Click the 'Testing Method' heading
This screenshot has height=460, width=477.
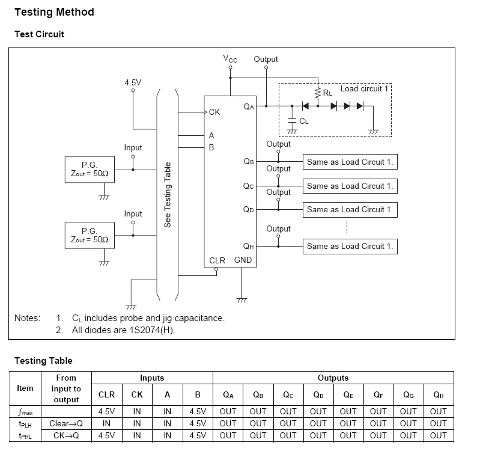click(x=54, y=12)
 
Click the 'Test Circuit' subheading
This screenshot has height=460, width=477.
click(x=39, y=34)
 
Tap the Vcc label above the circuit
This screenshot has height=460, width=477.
click(x=230, y=59)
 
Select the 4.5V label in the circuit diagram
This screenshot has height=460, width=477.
click(x=133, y=82)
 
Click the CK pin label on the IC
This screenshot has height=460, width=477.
click(x=214, y=112)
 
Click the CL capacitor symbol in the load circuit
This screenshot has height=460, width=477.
click(x=292, y=121)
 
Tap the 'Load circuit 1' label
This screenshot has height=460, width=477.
click(x=365, y=89)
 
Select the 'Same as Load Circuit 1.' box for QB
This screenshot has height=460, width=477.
click(x=350, y=162)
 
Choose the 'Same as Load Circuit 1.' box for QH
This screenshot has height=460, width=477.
click(x=350, y=246)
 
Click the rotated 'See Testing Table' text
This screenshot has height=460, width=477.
click(x=168, y=194)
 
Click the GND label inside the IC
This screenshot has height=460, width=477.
click(x=243, y=260)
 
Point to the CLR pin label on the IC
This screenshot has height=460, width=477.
click(x=217, y=260)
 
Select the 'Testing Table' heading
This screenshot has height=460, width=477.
click(x=43, y=361)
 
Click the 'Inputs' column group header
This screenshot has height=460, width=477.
click(x=152, y=378)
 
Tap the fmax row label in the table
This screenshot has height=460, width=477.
click(x=25, y=412)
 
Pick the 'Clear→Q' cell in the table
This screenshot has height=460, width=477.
click(x=66, y=424)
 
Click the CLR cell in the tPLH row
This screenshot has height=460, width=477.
click(x=106, y=424)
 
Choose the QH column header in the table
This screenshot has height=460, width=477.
click(x=439, y=395)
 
